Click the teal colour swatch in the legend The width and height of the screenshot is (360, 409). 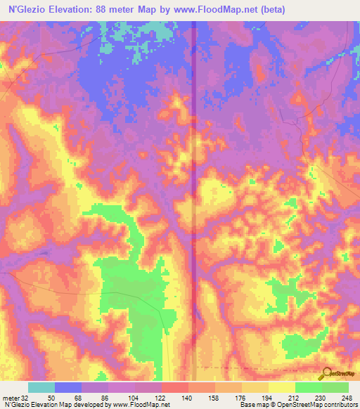click(x=41, y=387)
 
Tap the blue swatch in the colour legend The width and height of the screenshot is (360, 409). click(x=68, y=387)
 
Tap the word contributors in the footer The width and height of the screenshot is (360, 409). click(x=340, y=405)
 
